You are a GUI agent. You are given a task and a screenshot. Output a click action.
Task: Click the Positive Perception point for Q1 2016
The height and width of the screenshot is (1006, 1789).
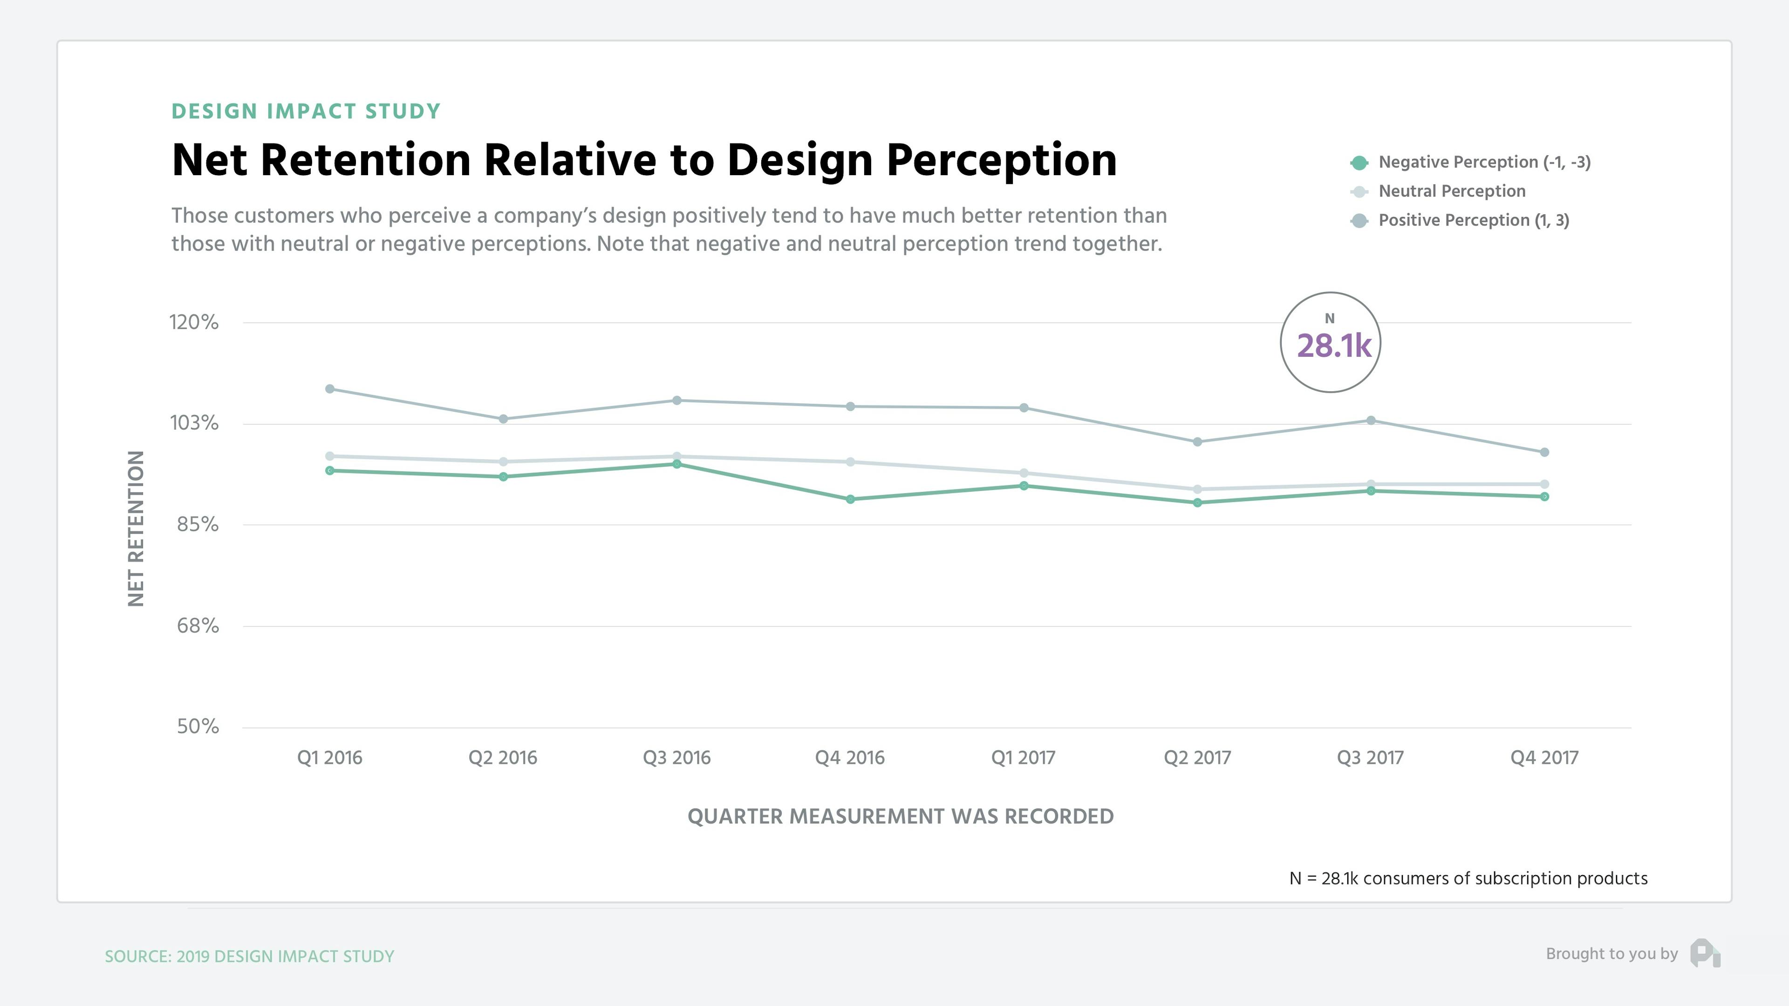(330, 389)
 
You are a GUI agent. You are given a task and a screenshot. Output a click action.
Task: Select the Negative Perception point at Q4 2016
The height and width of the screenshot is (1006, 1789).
(850, 499)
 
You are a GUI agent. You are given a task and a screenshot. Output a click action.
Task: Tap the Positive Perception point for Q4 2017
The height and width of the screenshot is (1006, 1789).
(1544, 452)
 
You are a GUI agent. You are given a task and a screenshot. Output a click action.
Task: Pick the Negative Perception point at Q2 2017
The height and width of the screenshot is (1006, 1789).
(1197, 503)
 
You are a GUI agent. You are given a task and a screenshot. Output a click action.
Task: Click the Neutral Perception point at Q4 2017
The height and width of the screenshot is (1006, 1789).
(1544, 484)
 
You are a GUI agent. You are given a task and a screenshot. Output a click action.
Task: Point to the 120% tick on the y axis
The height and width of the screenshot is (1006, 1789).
(194, 322)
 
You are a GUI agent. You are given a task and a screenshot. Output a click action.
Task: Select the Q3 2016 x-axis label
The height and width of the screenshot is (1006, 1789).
(676, 757)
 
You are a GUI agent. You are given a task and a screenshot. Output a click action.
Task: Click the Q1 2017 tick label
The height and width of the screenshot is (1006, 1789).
(1023, 757)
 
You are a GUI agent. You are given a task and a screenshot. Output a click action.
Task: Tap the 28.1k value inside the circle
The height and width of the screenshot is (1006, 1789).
(1333, 346)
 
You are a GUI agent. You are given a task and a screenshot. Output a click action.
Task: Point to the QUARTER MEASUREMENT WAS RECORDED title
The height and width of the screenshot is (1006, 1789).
(900, 816)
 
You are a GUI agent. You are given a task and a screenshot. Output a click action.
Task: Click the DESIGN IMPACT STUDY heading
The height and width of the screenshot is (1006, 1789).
(306, 112)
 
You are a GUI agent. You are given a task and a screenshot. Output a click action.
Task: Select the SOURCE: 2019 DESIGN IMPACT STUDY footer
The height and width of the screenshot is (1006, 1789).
(249, 957)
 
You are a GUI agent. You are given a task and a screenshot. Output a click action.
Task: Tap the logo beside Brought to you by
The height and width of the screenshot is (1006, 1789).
(1705, 953)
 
